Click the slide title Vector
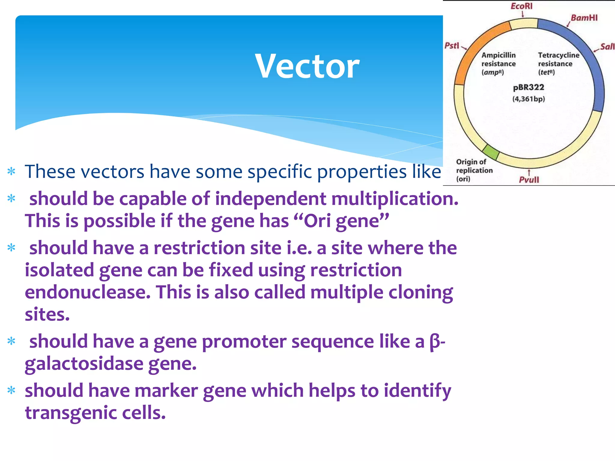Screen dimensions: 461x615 307,66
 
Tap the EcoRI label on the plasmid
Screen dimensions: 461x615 522,6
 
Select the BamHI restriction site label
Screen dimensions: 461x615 584,18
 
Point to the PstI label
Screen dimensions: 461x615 452,46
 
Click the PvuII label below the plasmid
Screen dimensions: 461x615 529,179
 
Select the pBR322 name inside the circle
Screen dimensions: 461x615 529,87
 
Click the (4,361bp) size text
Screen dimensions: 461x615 529,99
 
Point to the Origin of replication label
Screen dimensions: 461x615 474,170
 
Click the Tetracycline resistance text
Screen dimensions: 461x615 558,59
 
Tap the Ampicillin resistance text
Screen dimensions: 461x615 498,59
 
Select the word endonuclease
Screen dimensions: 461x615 87,292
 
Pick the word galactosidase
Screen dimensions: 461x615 84,364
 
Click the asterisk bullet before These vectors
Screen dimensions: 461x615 11,172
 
